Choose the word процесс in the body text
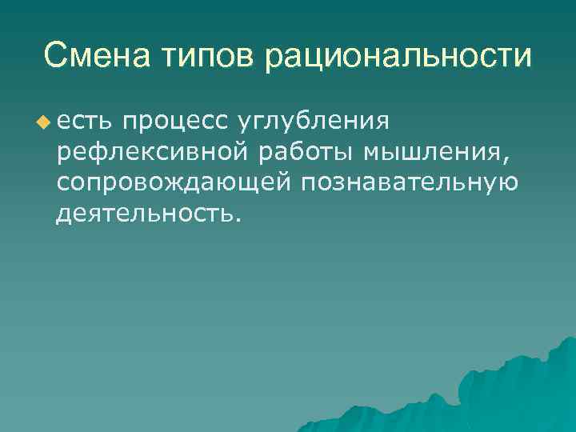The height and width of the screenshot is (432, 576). pos(176,122)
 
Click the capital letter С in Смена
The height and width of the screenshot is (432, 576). pos(55,55)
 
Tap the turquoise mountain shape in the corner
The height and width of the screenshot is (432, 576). pos(512,392)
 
